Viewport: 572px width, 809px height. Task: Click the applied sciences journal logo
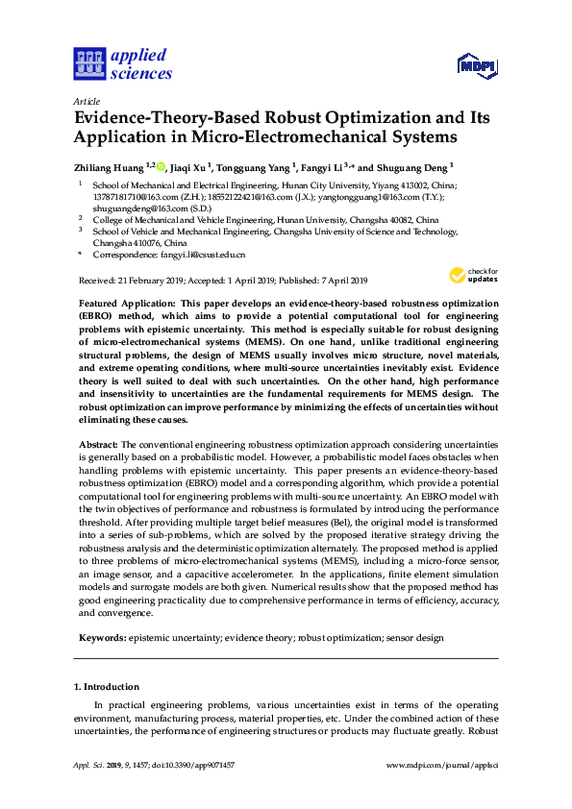(x=123, y=63)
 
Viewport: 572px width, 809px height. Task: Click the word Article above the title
(x=87, y=101)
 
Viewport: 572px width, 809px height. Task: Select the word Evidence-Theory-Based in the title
(x=174, y=119)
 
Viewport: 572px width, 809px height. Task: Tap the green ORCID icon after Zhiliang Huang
(x=161, y=165)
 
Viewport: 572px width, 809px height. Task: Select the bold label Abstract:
(x=97, y=445)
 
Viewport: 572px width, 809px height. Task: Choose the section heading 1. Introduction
(x=107, y=687)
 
